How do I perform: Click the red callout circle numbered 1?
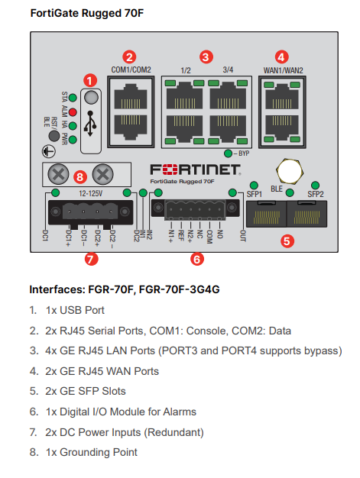pos(92,79)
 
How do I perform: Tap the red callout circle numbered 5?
pos(287,241)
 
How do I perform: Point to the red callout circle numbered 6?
pos(197,259)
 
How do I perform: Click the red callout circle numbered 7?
pos(92,259)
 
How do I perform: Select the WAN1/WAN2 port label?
pos(282,70)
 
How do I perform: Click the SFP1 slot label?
pos(253,194)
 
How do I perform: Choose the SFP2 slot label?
pos(316,194)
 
